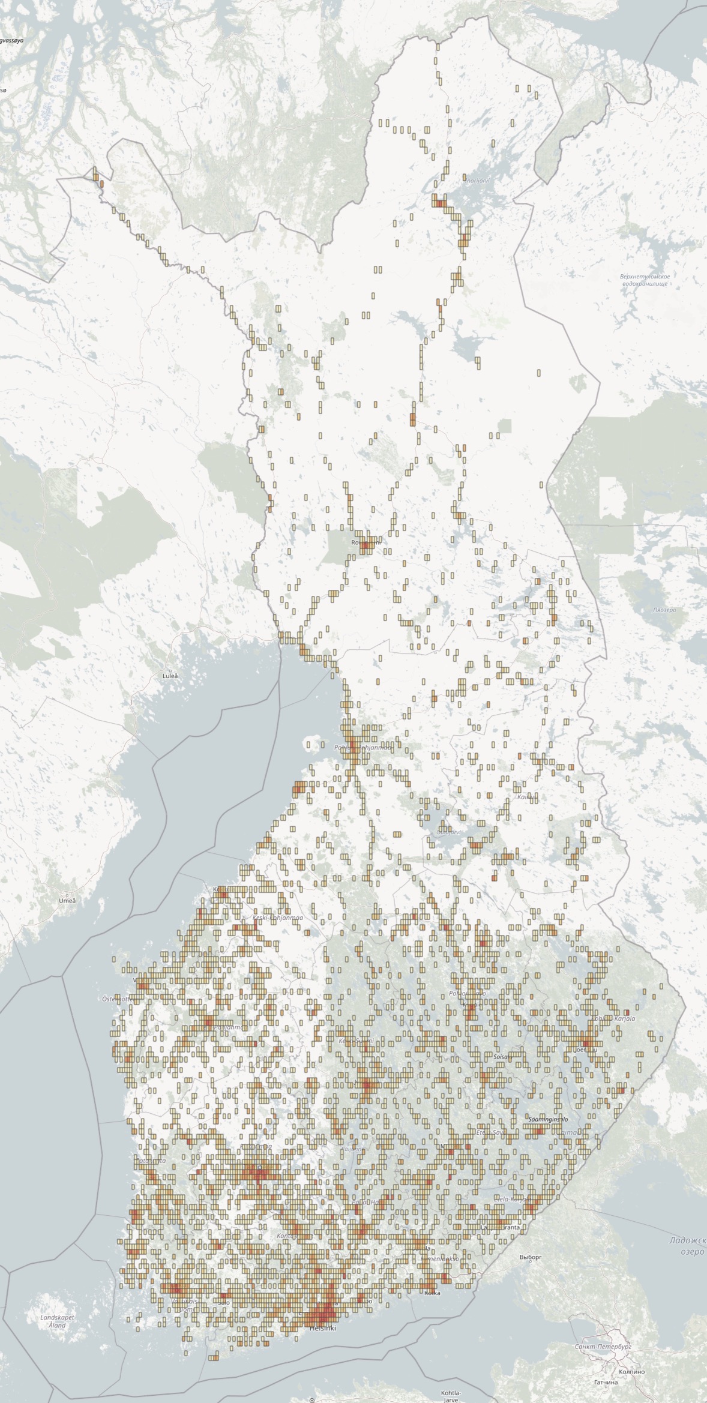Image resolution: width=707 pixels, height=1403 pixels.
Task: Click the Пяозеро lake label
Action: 664,610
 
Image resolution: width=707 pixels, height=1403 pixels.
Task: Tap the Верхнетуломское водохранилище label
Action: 645,280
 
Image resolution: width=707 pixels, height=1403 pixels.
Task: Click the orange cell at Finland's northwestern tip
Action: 101,184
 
